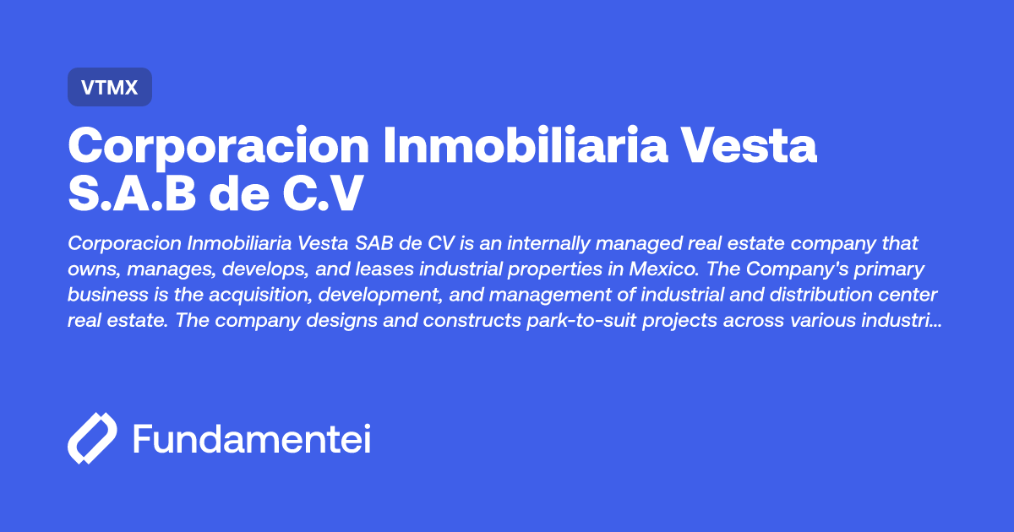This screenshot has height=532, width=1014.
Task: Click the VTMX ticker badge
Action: [109, 87]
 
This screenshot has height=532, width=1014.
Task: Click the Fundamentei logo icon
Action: [92, 439]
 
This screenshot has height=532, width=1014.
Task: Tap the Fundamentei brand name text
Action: [252, 439]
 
